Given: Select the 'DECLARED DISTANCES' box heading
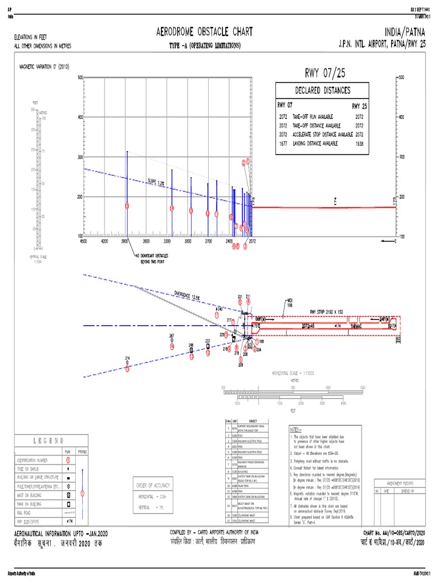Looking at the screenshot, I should (322, 91).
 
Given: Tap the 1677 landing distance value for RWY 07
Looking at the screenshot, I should (283, 143).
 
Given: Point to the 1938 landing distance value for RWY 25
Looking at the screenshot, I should (359, 143).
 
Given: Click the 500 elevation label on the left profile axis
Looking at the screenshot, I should (80, 77).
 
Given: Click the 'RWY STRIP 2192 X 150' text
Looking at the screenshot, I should (327, 311).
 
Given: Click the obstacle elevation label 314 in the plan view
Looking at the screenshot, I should (128, 358).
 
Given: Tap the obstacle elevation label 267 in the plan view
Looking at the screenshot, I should (172, 336).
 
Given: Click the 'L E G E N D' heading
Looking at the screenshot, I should (48, 441).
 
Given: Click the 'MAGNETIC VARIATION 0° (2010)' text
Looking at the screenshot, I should (44, 66).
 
